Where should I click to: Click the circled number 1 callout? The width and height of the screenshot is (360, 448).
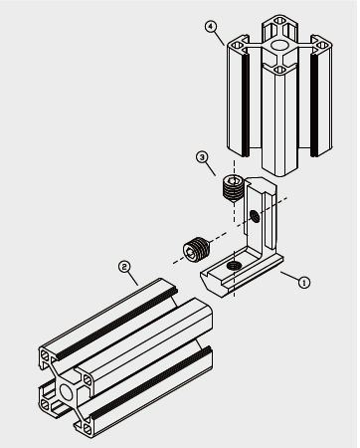click(304, 282)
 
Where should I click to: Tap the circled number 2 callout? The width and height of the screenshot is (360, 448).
click(124, 267)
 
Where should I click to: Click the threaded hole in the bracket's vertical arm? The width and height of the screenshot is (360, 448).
click(257, 216)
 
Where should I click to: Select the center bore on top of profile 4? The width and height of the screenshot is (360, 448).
click(279, 47)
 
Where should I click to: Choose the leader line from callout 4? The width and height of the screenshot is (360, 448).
click(224, 37)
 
